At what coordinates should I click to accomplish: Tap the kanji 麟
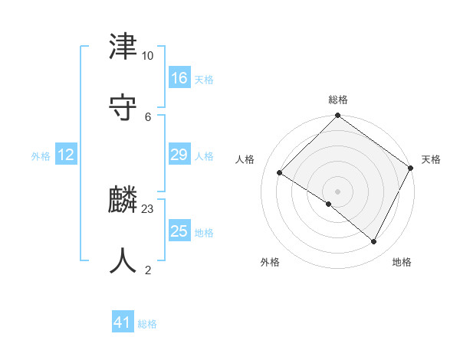pos(123,201)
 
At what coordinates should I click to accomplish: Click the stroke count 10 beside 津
pos(147,56)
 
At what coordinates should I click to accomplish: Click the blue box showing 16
pos(179,77)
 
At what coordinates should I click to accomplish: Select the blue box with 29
pos(179,155)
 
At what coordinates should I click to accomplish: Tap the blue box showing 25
pos(179,231)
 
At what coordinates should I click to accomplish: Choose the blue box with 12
pos(66,155)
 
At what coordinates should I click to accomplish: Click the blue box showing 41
pos(123,322)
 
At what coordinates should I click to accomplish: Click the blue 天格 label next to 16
pos(203,80)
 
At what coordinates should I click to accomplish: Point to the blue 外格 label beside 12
pos(41,156)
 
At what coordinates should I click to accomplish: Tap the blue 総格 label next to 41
pos(147,324)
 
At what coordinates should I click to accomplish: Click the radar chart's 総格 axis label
pos(338,100)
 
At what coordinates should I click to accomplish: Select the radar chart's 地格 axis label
pos(402,263)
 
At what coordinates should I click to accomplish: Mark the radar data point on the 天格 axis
pos(411,167)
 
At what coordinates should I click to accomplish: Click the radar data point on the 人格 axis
pos(280,172)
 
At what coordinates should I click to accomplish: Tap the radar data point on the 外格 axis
pos(329,204)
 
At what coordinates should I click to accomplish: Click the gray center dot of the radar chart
pos(338,191)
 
